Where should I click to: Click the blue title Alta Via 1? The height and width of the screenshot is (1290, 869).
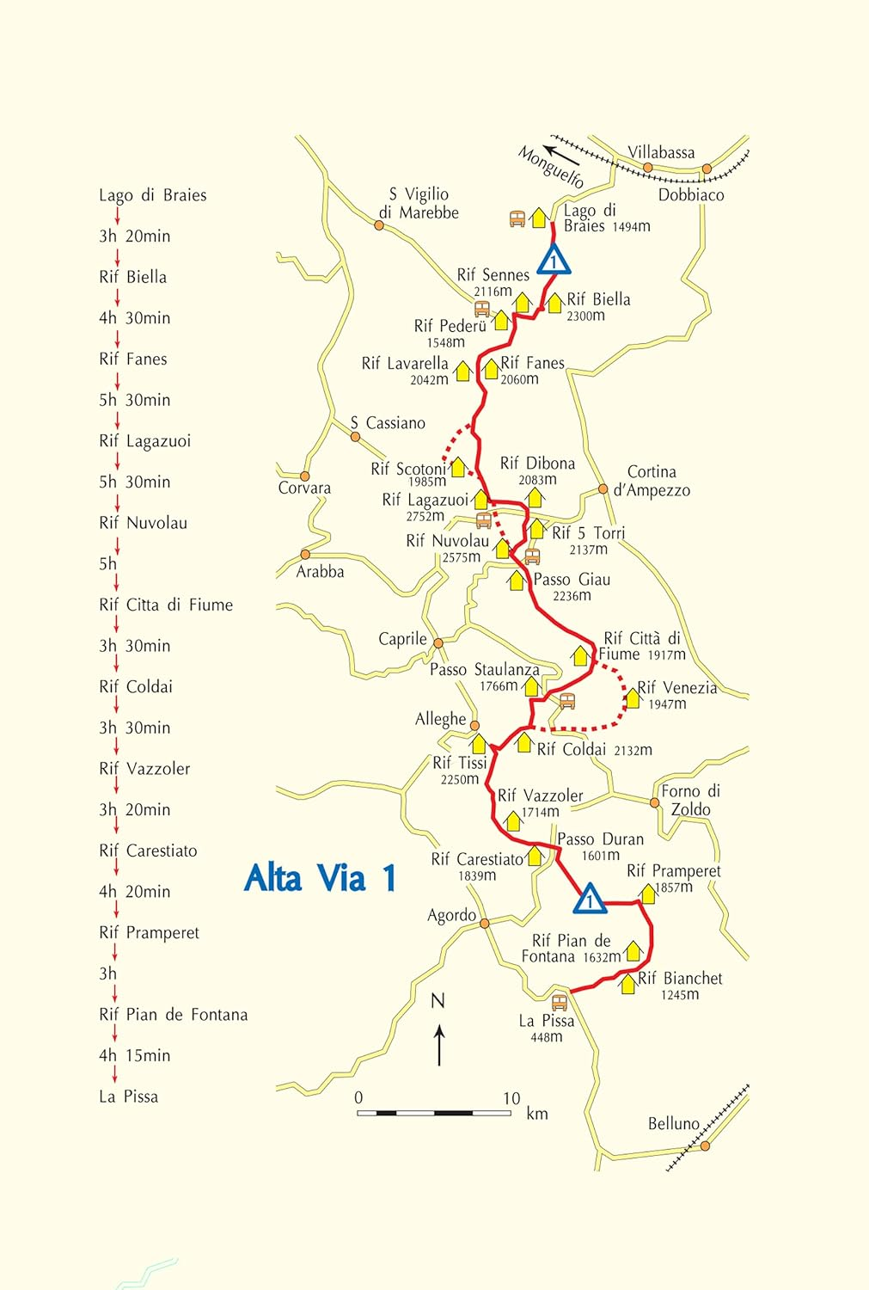(x=321, y=878)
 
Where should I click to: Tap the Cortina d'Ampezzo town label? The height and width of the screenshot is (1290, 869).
(x=652, y=481)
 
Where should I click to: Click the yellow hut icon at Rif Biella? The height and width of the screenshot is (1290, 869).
(x=554, y=302)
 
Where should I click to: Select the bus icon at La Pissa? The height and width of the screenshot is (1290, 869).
(x=560, y=1002)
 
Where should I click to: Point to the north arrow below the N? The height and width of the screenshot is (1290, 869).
(x=439, y=1044)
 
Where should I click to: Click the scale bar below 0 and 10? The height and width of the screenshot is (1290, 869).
(x=434, y=1113)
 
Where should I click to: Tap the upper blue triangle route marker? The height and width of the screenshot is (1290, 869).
(x=554, y=260)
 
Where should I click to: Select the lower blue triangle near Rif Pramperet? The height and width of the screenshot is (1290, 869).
(x=590, y=899)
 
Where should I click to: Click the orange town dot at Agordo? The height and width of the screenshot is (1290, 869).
(x=485, y=923)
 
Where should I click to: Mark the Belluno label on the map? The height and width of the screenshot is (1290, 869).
(x=674, y=1123)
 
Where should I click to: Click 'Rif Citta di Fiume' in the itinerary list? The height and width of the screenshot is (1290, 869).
(x=166, y=605)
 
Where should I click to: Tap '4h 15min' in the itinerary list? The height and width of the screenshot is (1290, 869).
(x=135, y=1055)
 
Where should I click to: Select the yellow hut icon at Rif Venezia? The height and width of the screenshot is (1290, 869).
(x=632, y=697)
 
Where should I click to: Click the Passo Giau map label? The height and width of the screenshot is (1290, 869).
(x=572, y=580)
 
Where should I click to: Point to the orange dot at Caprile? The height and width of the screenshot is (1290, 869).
(x=438, y=642)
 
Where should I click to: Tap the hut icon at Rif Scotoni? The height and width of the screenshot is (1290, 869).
(x=458, y=467)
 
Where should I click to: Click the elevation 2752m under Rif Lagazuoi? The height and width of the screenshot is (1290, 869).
(x=425, y=516)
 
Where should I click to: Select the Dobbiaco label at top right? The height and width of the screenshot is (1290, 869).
(x=691, y=194)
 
